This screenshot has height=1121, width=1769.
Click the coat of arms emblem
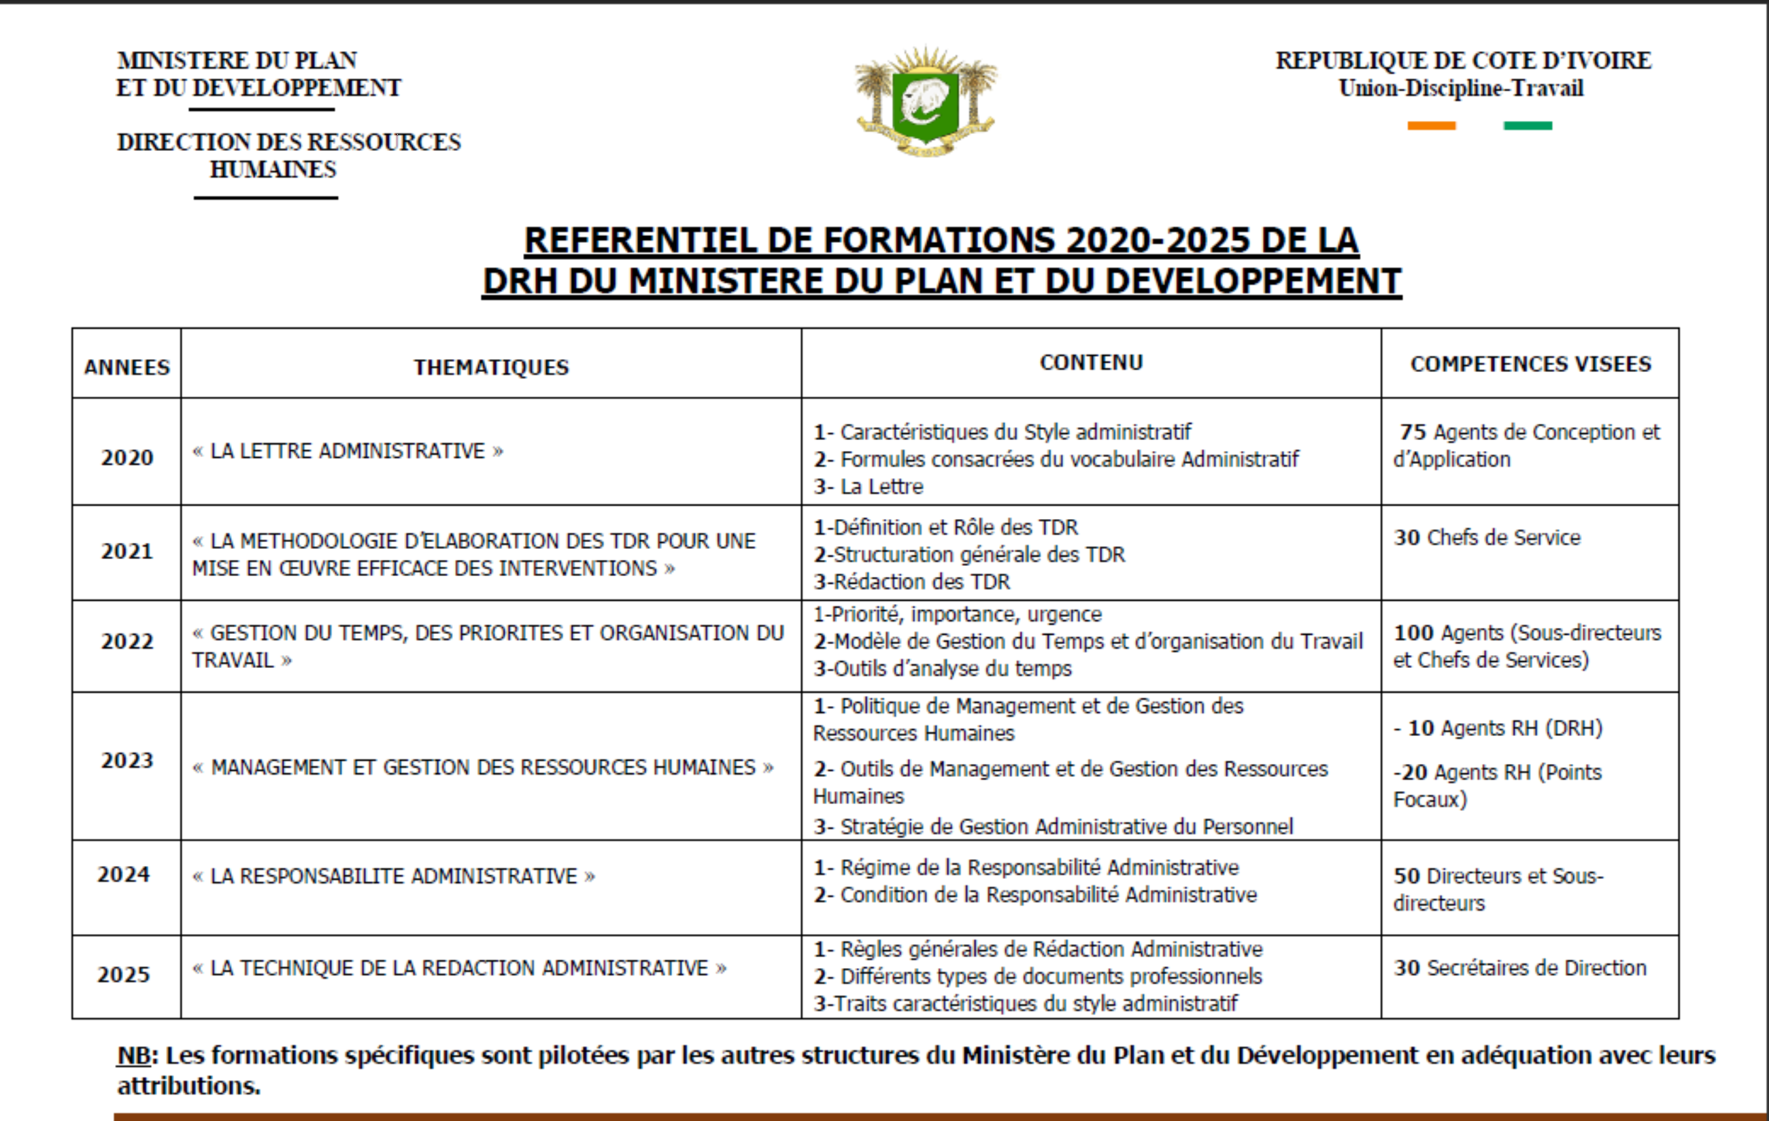coord(926,101)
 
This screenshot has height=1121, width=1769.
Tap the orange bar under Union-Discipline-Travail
coord(1431,126)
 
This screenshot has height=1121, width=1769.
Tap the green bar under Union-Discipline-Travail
coord(1528,126)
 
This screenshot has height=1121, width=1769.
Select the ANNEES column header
coord(127,367)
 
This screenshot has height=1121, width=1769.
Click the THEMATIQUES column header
coord(491,367)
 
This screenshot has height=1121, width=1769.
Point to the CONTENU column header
coord(1091,362)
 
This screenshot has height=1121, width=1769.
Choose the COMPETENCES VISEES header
coord(1530,364)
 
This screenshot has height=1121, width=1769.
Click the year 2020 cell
coord(127,457)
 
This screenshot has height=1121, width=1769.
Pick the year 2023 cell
coord(127,760)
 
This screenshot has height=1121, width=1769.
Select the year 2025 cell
coord(123,974)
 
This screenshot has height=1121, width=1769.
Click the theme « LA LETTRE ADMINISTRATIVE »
coord(348,450)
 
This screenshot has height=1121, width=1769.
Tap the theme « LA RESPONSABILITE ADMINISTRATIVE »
coord(394,875)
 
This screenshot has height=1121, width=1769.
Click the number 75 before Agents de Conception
coord(1412,432)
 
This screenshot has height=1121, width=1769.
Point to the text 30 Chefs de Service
coord(1487,538)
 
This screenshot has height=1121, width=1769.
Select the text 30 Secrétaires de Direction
coord(1520,967)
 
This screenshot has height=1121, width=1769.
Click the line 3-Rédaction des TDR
coord(911,582)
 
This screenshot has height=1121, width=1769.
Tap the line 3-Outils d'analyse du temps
coord(943,669)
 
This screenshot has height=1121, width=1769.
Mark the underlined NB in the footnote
coord(134,1056)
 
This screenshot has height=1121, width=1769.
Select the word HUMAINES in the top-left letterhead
coord(273,169)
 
